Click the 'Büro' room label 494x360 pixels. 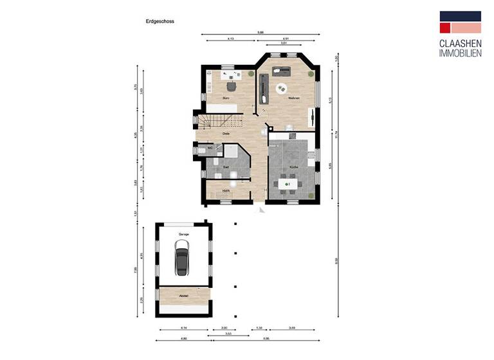pos(226,98)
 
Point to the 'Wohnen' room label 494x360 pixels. pos(294,98)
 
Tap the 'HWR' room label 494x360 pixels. pos(226,191)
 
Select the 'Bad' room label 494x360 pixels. pos(226,167)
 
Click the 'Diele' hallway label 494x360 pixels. pos(226,134)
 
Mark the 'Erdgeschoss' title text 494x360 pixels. pos(160,21)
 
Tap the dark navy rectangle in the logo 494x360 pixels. pos(460,16)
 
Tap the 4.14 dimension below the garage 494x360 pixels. pos(183,328)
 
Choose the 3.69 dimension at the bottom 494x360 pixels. pos(291,328)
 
